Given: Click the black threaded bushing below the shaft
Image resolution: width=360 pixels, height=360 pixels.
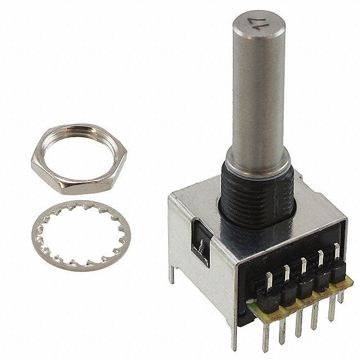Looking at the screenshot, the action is click(257, 200).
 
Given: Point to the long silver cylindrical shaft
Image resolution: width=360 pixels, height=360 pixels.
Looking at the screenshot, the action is click(258, 92).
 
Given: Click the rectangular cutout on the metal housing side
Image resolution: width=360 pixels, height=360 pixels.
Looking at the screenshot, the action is click(201, 242).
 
